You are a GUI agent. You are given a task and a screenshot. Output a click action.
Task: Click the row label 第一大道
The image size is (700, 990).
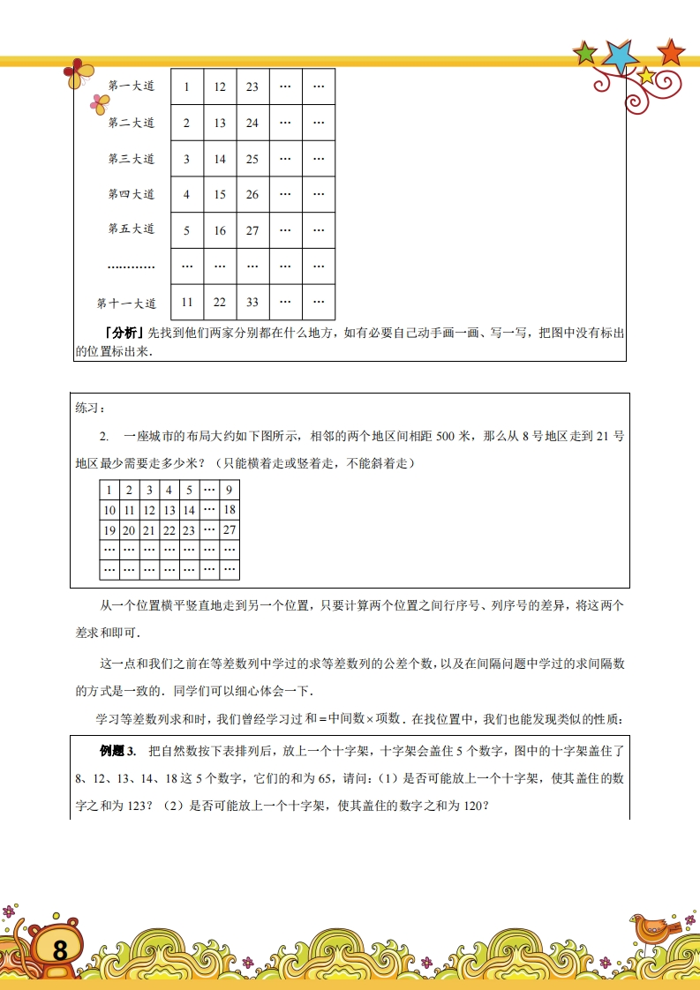click(x=132, y=86)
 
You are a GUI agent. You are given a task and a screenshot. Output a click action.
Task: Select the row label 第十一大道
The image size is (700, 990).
click(x=126, y=304)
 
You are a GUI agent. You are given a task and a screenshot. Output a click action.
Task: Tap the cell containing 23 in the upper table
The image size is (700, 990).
click(x=252, y=86)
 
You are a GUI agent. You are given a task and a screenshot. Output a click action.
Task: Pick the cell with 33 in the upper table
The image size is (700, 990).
click(x=252, y=302)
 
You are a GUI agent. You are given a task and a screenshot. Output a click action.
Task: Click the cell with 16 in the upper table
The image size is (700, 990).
click(x=220, y=230)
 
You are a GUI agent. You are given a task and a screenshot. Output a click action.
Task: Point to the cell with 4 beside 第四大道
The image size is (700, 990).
click(x=186, y=194)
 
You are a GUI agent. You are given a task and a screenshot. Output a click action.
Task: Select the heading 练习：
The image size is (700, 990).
click(x=91, y=408)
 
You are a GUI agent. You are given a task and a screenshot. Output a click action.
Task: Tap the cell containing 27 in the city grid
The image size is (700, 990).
click(x=230, y=530)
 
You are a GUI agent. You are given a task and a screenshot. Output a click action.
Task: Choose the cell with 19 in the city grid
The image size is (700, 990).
click(x=109, y=530)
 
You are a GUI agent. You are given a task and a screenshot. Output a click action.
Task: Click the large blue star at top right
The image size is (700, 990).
click(x=621, y=56)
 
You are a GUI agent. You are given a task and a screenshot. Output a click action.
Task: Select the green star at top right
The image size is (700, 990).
click(x=585, y=54)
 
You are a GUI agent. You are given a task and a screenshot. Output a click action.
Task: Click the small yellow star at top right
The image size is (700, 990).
click(x=646, y=76)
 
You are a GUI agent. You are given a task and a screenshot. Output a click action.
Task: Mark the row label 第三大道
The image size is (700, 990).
click(x=132, y=159)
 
